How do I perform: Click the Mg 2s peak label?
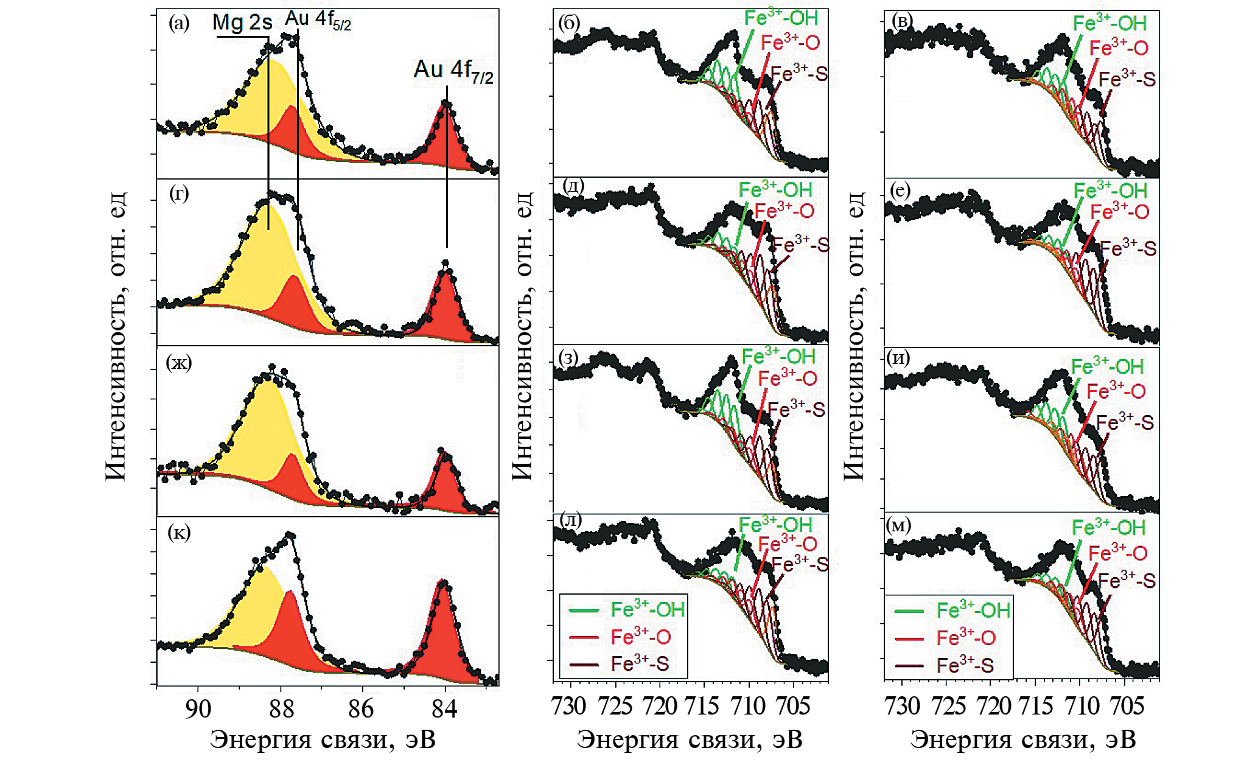242,23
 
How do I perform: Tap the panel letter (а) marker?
179,24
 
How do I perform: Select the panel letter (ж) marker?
179,363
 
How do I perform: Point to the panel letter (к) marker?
179,533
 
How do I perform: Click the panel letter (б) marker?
568,24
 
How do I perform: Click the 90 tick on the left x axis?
198,709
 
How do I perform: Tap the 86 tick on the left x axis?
362,709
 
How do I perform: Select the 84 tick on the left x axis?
444,709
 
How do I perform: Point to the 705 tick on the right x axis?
1127,706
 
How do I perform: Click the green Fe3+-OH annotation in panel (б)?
781,18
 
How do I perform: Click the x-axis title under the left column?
323,740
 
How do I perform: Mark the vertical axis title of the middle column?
523,335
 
